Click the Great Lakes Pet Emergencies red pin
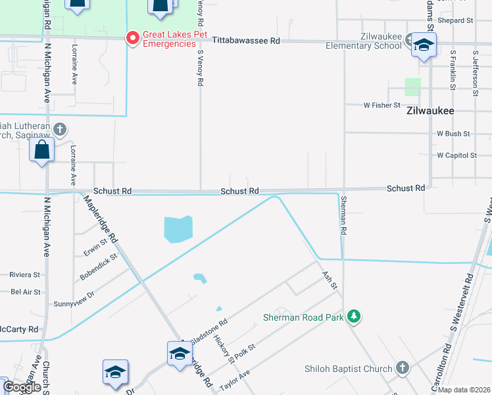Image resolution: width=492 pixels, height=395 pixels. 132,38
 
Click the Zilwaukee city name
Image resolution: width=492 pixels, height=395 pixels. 430,111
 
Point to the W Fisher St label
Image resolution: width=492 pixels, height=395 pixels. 382,105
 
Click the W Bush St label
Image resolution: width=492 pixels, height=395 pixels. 453,133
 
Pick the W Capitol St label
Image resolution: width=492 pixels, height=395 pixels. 456,155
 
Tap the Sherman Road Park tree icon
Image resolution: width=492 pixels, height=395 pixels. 354,317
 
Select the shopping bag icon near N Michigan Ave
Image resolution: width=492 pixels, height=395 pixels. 42,150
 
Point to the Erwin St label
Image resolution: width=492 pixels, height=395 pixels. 95,249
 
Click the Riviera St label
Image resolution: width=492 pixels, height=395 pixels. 24,275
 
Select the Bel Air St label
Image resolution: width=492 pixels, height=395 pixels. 26,292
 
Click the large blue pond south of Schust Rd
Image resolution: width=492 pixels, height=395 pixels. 177,229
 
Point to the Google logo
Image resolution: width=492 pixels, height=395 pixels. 22,388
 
